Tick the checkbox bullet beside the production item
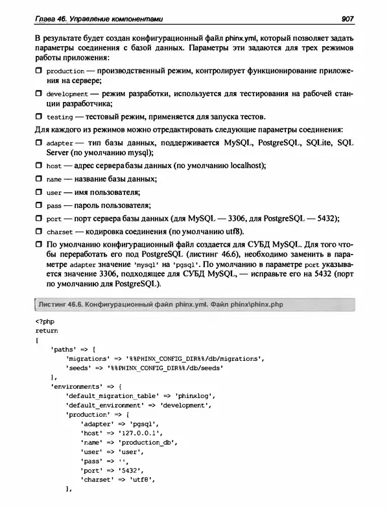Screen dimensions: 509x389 (40, 70)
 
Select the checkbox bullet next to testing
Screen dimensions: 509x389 (40, 117)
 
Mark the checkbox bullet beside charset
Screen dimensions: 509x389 (40, 231)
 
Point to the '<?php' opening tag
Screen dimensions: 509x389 (44, 321)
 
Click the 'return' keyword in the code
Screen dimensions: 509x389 (47, 330)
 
